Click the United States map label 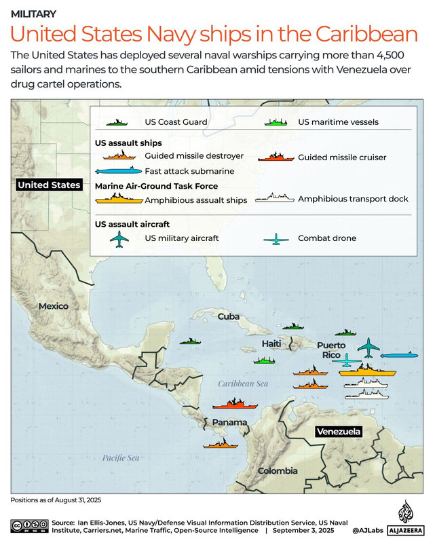[49, 185]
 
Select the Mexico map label [53, 306]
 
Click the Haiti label [271, 344]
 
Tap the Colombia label [277, 470]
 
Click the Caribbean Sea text [243, 384]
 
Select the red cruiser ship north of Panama [235, 405]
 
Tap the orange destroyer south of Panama [224, 445]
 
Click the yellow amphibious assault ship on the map [367, 371]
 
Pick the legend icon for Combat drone [276, 239]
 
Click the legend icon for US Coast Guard [117, 122]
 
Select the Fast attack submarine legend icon [119, 172]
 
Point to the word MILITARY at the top [34, 14]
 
